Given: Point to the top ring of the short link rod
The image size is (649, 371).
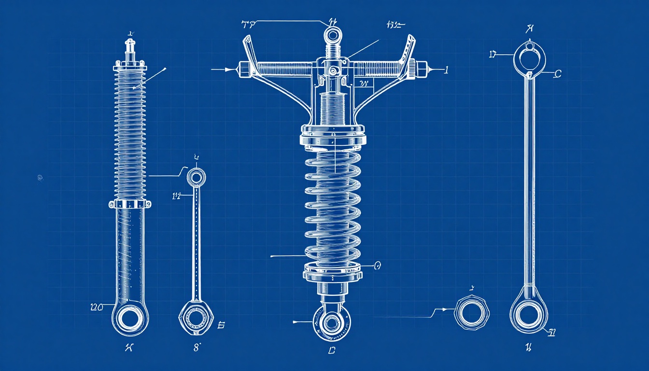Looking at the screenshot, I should (196, 177).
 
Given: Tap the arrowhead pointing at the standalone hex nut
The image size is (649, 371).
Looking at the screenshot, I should (447, 309).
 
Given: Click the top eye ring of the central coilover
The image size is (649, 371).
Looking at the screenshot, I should (333, 35).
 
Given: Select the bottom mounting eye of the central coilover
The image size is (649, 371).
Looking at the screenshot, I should (332, 322).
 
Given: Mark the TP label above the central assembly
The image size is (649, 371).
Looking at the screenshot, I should (248, 24).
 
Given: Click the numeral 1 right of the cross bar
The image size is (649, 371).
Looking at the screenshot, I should (446, 70).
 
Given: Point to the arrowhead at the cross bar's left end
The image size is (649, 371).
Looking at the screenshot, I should (232, 70).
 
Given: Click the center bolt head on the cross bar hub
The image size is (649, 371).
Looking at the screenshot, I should (332, 71).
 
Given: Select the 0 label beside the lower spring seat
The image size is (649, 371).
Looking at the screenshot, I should (378, 265).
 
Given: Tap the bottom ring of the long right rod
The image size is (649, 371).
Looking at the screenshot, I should (529, 313).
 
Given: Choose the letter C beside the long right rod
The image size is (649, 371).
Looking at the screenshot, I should (558, 74).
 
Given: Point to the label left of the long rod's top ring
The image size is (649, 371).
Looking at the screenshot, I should (493, 55).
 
